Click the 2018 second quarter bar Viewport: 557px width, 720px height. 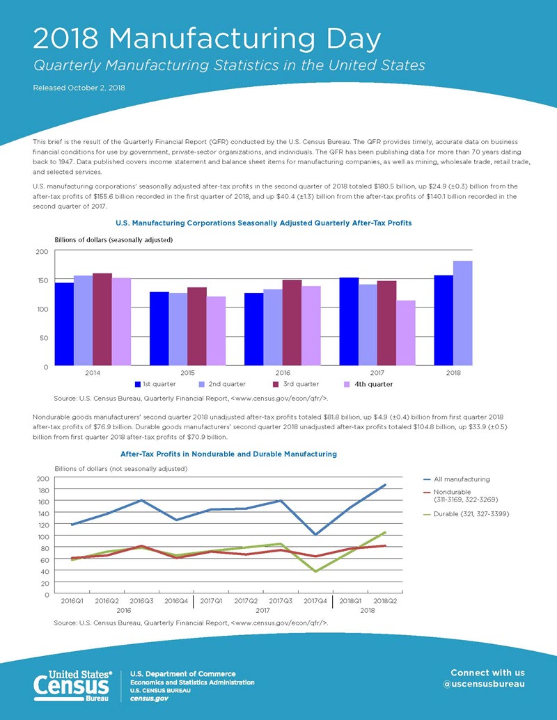(462, 313)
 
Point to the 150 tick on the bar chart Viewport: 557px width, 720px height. (42, 280)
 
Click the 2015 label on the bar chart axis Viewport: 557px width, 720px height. (187, 372)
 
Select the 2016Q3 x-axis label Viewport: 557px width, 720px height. (142, 600)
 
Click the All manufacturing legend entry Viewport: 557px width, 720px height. (462, 479)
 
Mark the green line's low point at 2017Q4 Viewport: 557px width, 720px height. (316, 571)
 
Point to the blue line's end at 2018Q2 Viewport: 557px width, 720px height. (385, 485)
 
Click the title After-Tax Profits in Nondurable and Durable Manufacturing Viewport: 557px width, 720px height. (228, 454)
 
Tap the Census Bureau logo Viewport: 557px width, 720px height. (73, 685)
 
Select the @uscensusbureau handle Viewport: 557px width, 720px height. (487, 683)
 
